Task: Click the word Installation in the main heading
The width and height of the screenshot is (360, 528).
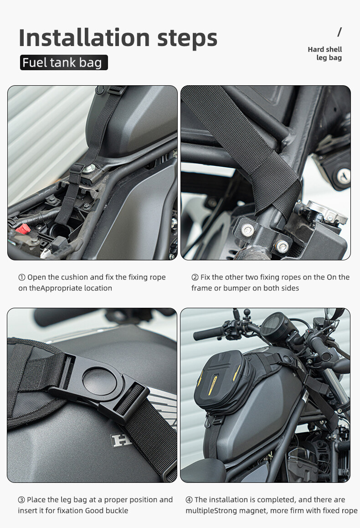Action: coord(84,37)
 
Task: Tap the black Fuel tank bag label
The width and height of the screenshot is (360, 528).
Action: coord(64,62)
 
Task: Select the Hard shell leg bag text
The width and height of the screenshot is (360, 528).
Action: coord(324,53)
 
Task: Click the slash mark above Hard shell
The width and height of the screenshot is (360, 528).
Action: coord(339,32)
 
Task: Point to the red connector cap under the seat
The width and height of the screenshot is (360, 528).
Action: coord(23,229)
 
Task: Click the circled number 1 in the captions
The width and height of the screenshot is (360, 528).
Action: coord(22,278)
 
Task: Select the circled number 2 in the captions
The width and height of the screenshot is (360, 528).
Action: coord(195,278)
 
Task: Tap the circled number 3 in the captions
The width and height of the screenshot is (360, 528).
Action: coord(21,500)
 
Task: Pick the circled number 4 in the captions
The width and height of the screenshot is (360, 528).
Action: coord(189,500)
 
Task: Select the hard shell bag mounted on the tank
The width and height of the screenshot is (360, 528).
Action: coord(224,382)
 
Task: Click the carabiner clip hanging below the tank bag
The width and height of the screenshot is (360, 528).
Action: coord(208,421)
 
